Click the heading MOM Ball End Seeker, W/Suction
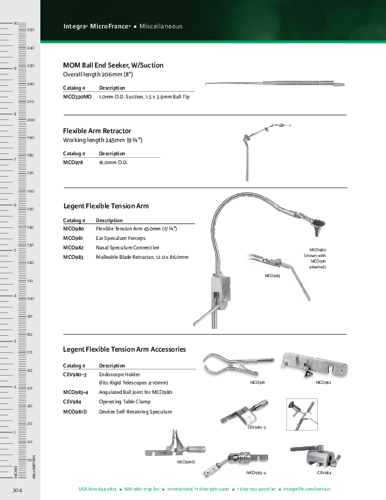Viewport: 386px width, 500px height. [x=113, y=65]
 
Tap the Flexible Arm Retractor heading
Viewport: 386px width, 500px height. [x=97, y=131]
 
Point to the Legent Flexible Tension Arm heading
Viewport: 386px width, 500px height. [x=106, y=206]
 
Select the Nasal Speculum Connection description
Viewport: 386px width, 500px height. [x=127, y=247]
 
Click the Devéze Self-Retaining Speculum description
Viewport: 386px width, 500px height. [x=135, y=411]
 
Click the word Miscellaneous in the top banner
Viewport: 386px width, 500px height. [x=161, y=27]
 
